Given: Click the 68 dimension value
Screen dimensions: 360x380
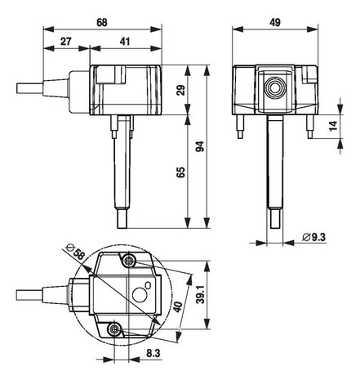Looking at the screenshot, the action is point(102,22).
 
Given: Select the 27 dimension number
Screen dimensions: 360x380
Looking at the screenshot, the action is point(65,42).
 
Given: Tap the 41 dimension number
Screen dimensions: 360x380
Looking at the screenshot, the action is point(125,42).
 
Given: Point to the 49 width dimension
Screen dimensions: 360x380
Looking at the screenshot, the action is point(275,22).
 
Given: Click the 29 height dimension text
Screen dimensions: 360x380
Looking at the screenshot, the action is point(180,90).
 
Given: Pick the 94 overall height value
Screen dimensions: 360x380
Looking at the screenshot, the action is point(200,146).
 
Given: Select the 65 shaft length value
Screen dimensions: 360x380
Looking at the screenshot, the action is point(180,172).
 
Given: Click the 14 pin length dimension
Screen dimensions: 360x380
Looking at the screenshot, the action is point(333,126).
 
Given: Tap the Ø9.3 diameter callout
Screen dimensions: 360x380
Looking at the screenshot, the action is point(313,237).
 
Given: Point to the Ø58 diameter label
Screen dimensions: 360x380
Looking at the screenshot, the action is point(76,251).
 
